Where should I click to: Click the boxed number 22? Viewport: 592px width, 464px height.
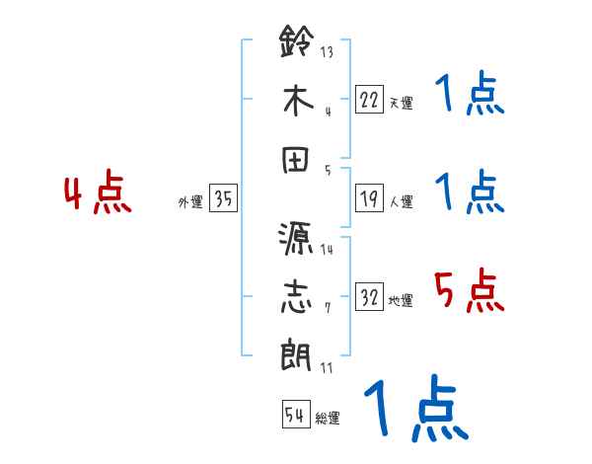369,99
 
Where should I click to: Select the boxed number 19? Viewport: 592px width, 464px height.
369,198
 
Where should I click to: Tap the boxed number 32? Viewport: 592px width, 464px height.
369,297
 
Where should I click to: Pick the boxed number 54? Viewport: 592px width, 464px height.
295,415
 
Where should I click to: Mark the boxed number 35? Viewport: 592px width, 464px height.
223,198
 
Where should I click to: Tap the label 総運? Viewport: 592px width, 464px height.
327,419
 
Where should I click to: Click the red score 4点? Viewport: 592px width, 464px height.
98,193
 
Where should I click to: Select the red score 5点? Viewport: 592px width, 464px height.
469,290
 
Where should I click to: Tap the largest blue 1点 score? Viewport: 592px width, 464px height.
414,409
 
